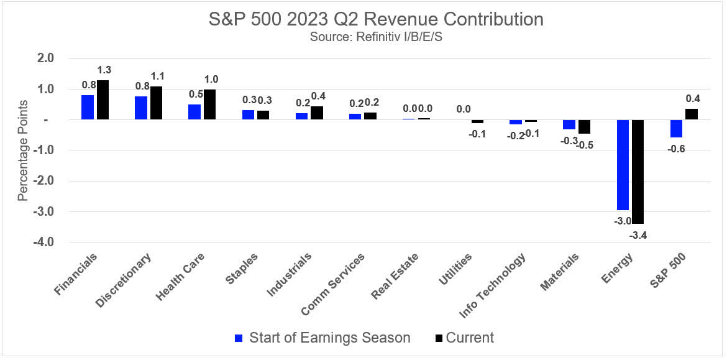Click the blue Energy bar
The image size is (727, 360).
[623, 165]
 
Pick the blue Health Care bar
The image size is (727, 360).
[194, 112]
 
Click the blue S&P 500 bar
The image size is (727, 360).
[676, 129]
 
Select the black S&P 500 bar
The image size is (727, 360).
[692, 114]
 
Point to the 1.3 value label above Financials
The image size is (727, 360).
[103, 70]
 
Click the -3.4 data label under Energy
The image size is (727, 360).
[639, 234]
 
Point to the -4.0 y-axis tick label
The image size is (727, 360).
[44, 242]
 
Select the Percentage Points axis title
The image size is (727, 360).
[23, 150]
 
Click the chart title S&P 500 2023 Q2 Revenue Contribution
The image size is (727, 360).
[376, 19]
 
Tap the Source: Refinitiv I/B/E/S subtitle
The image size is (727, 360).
[376, 37]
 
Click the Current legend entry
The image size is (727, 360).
[464, 338]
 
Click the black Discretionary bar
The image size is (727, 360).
[157, 103]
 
